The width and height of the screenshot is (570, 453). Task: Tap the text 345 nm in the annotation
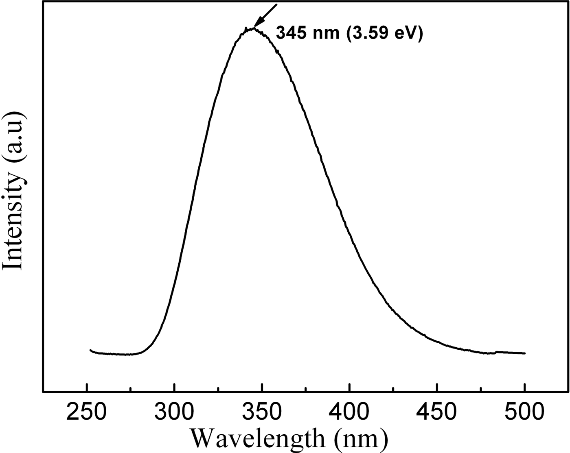click(307, 33)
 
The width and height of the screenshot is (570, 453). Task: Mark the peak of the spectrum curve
click(253, 28)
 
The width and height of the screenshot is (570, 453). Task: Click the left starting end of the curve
click(90, 350)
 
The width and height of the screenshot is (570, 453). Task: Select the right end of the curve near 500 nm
click(524, 353)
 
